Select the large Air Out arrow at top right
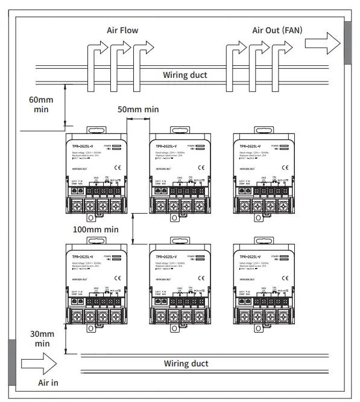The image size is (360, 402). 323,43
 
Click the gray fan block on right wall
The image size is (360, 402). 348,43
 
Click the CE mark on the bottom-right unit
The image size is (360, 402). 286,277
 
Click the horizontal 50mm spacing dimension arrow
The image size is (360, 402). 138,120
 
